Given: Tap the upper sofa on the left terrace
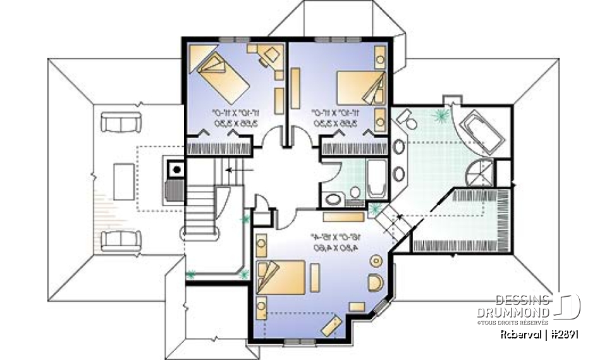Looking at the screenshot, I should pos(120,122).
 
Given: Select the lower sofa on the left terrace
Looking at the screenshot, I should pos(120,240).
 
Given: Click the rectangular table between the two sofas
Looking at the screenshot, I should pos(123,182).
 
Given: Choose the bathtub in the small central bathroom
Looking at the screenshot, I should pos(376,179).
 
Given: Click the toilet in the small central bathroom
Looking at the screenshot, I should pos(355,192).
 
